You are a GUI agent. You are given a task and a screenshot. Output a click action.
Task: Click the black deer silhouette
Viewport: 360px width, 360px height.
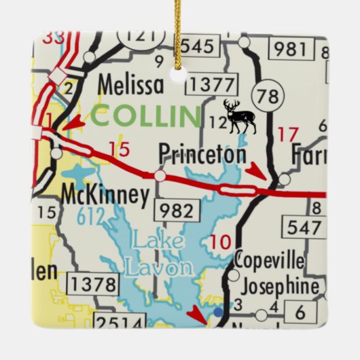pos(239,117)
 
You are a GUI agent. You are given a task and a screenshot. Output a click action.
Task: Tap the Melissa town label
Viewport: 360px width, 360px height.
pos(130,85)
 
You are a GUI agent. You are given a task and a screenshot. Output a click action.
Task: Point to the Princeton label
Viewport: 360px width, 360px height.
pos(202,154)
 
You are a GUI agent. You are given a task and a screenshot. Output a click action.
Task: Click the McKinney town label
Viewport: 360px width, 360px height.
pos(105,195)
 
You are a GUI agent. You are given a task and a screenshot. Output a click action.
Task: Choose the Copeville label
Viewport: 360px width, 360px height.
pos(268,259)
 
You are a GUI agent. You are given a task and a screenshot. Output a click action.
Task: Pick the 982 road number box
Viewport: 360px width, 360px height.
pos(178,211)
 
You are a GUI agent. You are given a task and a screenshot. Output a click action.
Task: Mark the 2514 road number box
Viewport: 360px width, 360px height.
pos(120,321)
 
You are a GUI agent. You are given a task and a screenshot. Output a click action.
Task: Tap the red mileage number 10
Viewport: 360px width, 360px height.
pos(221,241)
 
